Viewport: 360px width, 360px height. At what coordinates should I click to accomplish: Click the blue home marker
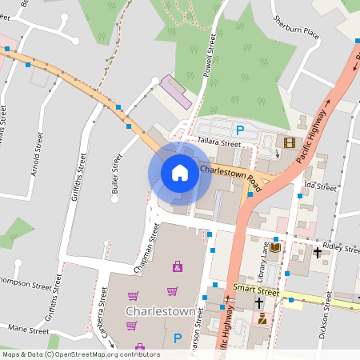coord(180,173)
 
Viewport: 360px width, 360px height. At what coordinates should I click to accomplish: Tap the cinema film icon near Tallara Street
coord(288,142)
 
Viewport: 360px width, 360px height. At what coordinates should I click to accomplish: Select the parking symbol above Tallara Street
coord(238,130)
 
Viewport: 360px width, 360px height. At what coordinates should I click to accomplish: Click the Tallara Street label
coord(218,144)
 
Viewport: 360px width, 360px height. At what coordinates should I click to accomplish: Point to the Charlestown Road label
coord(230,174)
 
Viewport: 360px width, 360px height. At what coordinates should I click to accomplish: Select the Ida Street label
coord(320,187)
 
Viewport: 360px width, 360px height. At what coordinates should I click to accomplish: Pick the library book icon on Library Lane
coord(276,248)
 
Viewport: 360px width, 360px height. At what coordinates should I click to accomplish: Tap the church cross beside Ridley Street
coord(318,253)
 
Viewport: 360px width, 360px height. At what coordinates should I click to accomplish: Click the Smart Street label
coord(255,290)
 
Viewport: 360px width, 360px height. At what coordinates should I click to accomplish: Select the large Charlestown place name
coord(161,310)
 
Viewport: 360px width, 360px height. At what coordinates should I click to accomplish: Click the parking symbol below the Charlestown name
coord(178,338)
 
